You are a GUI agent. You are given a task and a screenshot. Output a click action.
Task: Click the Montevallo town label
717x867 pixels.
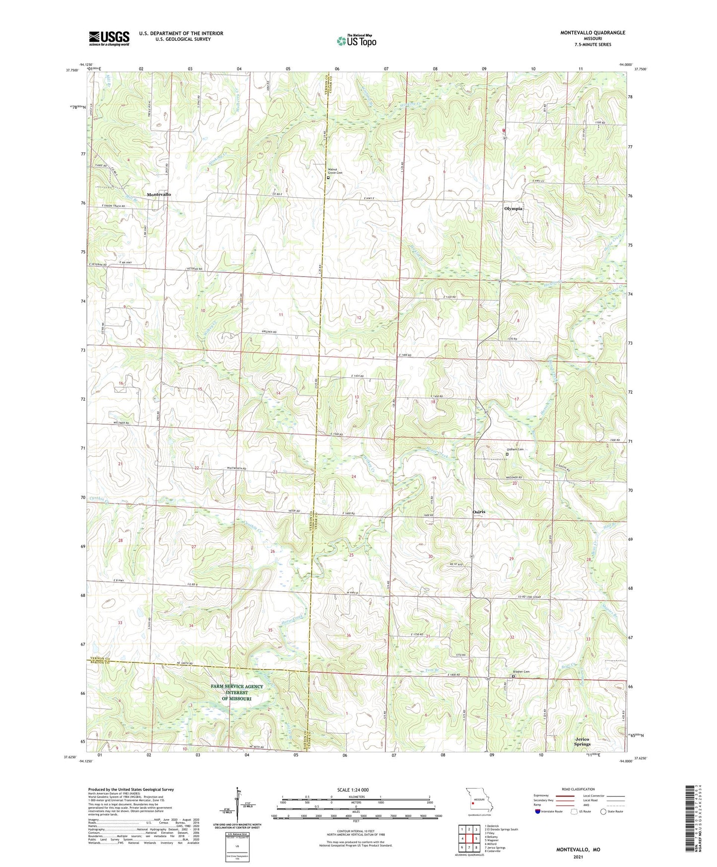pos(159,194)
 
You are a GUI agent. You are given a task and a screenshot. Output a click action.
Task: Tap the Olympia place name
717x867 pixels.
pos(513,209)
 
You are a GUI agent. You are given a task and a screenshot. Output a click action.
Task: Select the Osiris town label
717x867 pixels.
pos(479,511)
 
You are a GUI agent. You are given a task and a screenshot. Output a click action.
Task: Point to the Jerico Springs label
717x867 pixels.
pos(582,742)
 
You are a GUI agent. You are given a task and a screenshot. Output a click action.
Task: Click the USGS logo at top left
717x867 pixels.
pos(109,38)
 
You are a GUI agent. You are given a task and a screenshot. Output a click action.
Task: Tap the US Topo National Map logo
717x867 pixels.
pos(356,41)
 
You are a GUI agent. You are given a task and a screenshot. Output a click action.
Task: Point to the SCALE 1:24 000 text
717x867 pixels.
pos(352,790)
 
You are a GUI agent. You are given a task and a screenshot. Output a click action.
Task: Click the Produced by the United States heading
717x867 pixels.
pos(131,789)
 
